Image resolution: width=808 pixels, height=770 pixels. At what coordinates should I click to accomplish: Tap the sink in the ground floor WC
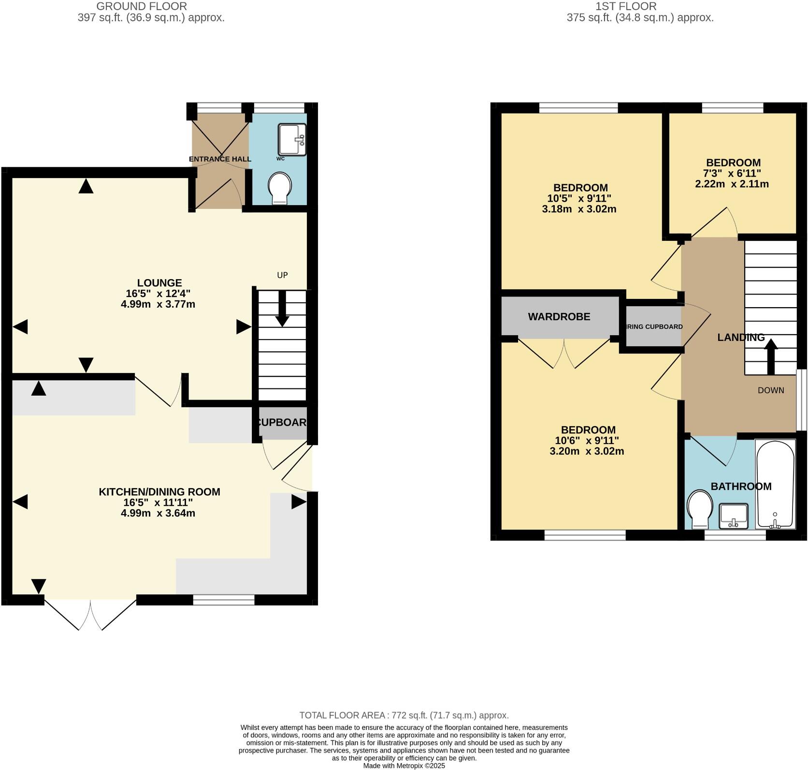(x=292, y=139)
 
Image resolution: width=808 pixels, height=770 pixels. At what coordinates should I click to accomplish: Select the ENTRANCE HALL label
(x=220, y=159)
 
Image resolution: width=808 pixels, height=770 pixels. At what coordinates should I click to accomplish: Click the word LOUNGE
(x=159, y=283)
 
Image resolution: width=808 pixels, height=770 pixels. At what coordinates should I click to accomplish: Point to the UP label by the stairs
(x=282, y=275)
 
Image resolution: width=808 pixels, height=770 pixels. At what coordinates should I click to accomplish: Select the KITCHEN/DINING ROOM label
(x=159, y=492)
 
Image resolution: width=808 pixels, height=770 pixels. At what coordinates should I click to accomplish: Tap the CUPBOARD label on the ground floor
(x=283, y=422)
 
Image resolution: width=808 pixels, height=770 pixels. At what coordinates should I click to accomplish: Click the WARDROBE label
(x=559, y=317)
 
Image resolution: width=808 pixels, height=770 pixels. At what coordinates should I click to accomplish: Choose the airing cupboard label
(x=655, y=326)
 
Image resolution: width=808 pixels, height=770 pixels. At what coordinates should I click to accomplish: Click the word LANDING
(x=741, y=338)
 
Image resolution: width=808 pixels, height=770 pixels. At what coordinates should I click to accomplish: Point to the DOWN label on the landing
(x=771, y=390)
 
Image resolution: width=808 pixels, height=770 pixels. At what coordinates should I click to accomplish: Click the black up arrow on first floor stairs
(x=771, y=356)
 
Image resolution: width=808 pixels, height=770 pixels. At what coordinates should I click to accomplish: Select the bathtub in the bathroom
(x=775, y=484)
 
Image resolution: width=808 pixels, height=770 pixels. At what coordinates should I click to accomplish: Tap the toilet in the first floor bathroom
(x=699, y=510)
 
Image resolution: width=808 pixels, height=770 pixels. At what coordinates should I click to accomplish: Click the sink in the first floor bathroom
(x=734, y=516)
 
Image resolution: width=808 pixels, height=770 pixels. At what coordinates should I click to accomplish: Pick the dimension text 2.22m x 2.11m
(x=732, y=184)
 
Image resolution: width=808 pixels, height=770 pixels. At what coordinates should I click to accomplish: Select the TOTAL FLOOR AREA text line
(x=404, y=715)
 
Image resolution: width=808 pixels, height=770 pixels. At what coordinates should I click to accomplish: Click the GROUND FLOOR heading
(x=142, y=6)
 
